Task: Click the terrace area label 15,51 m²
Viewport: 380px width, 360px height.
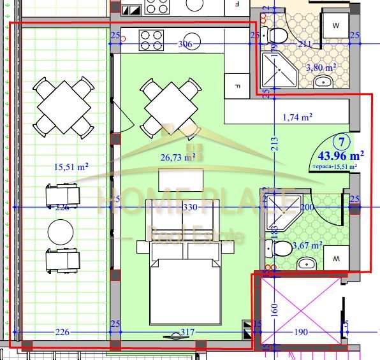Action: (x=70, y=168)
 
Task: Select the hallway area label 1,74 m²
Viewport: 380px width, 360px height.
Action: (x=296, y=117)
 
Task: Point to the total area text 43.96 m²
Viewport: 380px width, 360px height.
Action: (x=340, y=155)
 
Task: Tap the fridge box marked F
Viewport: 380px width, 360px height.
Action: (x=237, y=85)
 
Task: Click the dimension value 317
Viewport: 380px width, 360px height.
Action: (x=187, y=332)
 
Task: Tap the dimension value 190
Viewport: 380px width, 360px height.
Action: (x=300, y=332)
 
